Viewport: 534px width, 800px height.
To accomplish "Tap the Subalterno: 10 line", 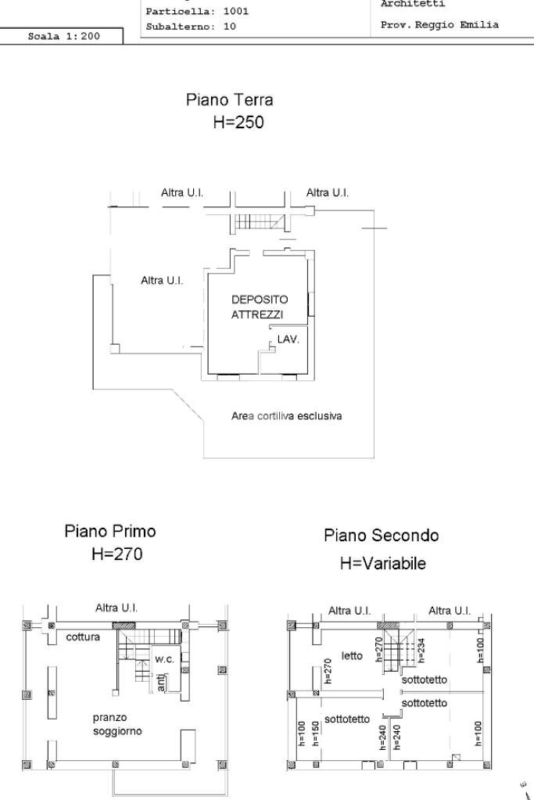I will click(191, 26).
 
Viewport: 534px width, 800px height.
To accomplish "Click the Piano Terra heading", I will click(229, 101).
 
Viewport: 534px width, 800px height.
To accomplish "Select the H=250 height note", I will click(238, 123).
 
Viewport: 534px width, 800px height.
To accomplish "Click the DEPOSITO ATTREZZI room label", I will click(258, 307).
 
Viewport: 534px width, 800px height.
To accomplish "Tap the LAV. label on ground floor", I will click(289, 340).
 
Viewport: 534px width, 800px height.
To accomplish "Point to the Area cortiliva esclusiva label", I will click(286, 416).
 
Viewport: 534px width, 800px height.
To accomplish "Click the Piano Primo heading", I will click(109, 532).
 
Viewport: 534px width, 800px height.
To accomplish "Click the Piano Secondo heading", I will click(381, 536).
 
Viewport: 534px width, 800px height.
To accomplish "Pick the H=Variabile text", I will click(383, 563).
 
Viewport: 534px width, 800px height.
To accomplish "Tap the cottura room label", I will click(83, 637).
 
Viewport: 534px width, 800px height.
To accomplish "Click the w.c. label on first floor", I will click(164, 659).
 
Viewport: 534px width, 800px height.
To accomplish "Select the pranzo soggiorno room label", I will click(117, 724).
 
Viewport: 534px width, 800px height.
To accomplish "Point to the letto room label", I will click(352, 655).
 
